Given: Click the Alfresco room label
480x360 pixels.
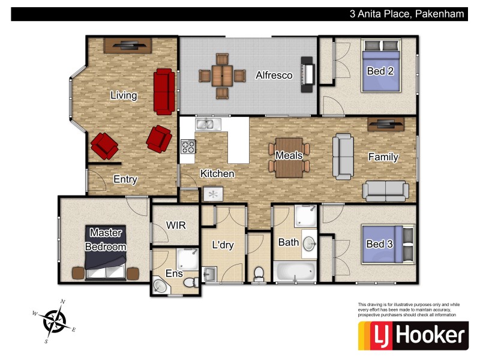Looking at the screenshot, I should pos(274,76).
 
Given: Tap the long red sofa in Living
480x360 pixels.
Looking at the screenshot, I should pos(164,91).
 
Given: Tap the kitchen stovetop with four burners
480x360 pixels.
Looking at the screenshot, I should pos(188,146).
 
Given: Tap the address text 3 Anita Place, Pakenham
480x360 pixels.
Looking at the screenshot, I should pos(407,13).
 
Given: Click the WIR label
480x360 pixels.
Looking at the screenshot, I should pos(176,226).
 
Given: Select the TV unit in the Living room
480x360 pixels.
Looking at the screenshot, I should pos(127,45).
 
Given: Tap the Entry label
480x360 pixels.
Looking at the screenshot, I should pos(125,179).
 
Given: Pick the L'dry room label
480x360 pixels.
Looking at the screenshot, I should pos(223,245).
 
